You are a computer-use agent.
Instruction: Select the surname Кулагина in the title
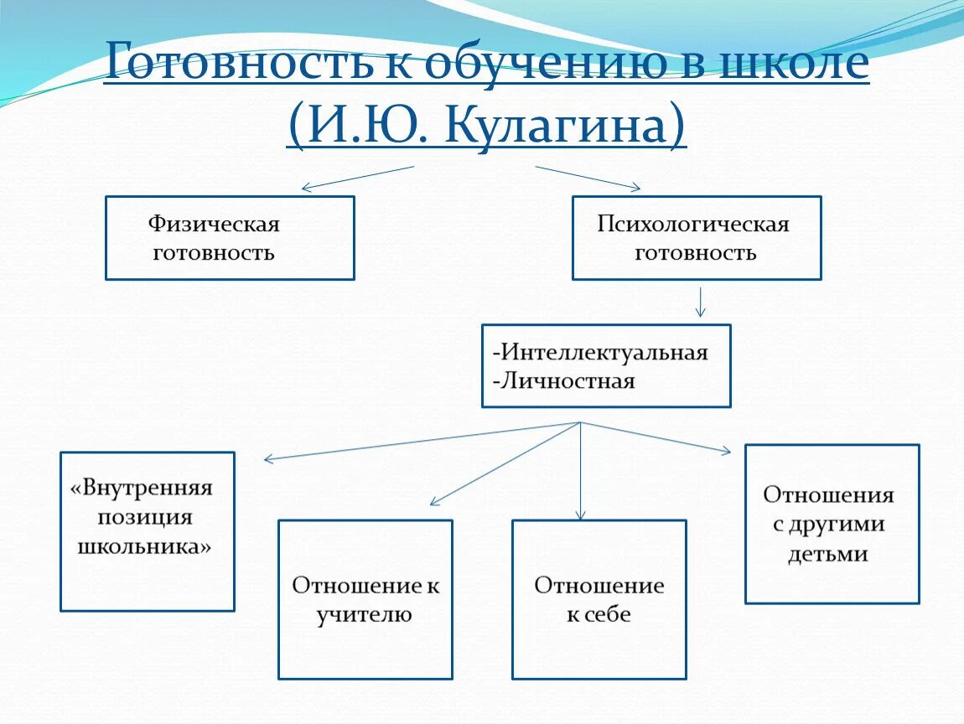[557, 126]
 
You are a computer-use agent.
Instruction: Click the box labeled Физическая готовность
[230, 238]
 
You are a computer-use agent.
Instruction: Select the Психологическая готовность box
[697, 238]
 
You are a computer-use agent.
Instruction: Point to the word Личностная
[568, 381]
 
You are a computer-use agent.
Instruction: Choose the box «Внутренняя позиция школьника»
[148, 531]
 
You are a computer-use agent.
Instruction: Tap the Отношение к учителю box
[365, 599]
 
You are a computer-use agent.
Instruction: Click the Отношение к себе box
[599, 599]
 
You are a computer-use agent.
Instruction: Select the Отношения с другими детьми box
[832, 524]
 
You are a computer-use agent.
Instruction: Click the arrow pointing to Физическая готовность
[358, 178]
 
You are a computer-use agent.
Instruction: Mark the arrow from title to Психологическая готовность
[588, 178]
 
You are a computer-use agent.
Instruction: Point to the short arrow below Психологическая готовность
[701, 302]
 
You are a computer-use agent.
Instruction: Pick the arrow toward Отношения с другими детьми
[656, 437]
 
